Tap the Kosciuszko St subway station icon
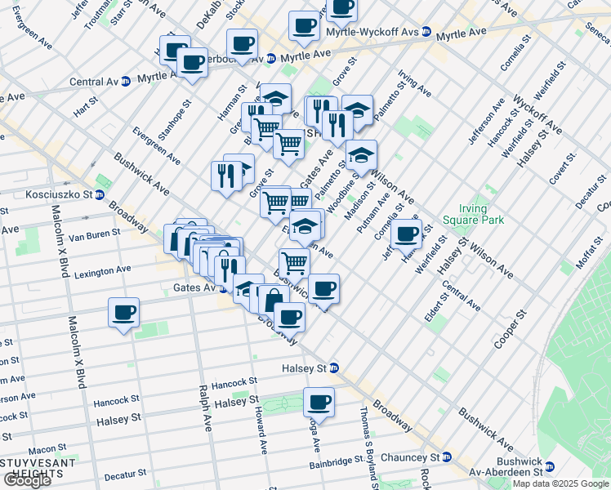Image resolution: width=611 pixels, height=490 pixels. click(x=99, y=195)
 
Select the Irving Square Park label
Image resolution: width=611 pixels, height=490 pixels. click(x=473, y=213)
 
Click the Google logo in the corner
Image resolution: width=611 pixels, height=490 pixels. click(x=27, y=480)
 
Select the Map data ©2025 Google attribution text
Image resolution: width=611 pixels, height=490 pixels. click(x=560, y=483)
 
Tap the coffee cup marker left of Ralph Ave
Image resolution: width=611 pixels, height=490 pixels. click(x=123, y=313)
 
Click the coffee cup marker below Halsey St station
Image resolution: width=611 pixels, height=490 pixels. click(x=319, y=402)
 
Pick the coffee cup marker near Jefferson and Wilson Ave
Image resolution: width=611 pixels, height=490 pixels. click(x=405, y=234)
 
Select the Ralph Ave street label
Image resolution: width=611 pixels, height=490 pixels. click(x=205, y=420)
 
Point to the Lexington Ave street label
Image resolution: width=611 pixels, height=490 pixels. click(x=102, y=269)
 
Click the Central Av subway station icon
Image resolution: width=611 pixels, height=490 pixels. click(x=126, y=82)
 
